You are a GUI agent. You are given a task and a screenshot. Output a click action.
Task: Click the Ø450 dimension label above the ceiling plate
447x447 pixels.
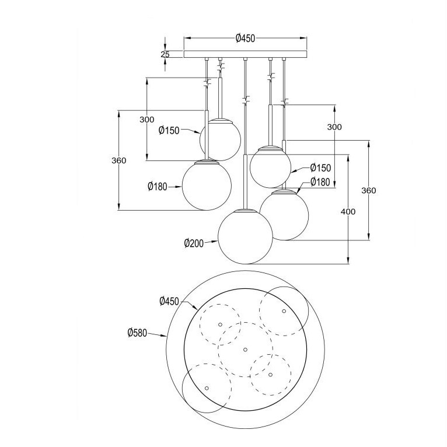pyautogui.click(x=245, y=38)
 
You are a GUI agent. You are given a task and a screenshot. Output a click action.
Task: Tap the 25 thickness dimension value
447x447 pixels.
pyautogui.click(x=165, y=54)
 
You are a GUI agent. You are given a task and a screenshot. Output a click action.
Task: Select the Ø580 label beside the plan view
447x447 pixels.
pyautogui.click(x=137, y=333)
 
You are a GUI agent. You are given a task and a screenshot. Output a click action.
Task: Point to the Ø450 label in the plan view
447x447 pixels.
pyautogui.click(x=169, y=301)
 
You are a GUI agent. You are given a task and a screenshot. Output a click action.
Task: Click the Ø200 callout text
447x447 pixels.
pyautogui.click(x=194, y=243)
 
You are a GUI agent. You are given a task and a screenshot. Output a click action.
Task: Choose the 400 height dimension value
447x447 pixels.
pyautogui.click(x=348, y=211)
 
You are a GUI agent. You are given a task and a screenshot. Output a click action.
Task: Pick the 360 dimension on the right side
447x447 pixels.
pyautogui.click(x=369, y=190)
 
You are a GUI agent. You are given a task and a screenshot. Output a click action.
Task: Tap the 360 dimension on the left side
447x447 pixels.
pyautogui.click(x=118, y=161)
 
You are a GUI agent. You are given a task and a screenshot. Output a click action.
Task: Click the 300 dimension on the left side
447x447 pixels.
pyautogui.click(x=147, y=120)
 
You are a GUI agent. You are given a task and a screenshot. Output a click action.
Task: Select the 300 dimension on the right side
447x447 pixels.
pyautogui.click(x=334, y=127)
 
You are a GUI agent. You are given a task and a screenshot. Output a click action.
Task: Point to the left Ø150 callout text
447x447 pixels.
pyautogui.click(x=169, y=131)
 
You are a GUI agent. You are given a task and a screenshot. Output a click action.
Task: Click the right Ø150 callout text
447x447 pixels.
pyautogui.click(x=320, y=168)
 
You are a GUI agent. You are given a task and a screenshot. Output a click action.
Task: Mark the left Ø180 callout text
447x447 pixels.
pyautogui.click(x=158, y=187)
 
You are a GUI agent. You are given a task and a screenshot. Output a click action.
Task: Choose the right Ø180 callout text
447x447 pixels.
pyautogui.click(x=320, y=182)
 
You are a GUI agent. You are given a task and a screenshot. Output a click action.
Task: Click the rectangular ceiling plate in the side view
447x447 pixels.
pyautogui.click(x=245, y=54)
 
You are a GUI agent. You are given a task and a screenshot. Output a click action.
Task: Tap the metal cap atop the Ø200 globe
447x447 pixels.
pyautogui.click(x=245, y=211)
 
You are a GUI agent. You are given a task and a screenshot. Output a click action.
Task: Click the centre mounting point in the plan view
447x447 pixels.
pyautogui.click(x=245, y=350)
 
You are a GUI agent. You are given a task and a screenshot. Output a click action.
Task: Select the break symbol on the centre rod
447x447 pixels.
pyautogui.click(x=246, y=99)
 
